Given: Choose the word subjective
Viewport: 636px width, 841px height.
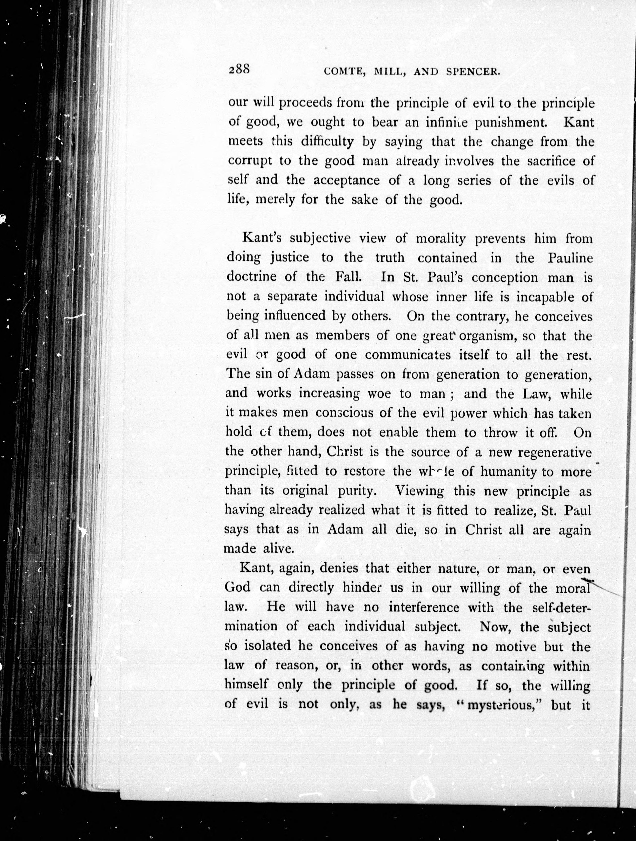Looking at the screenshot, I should [x=319, y=238].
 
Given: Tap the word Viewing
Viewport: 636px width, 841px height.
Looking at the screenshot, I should [x=419, y=491].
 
